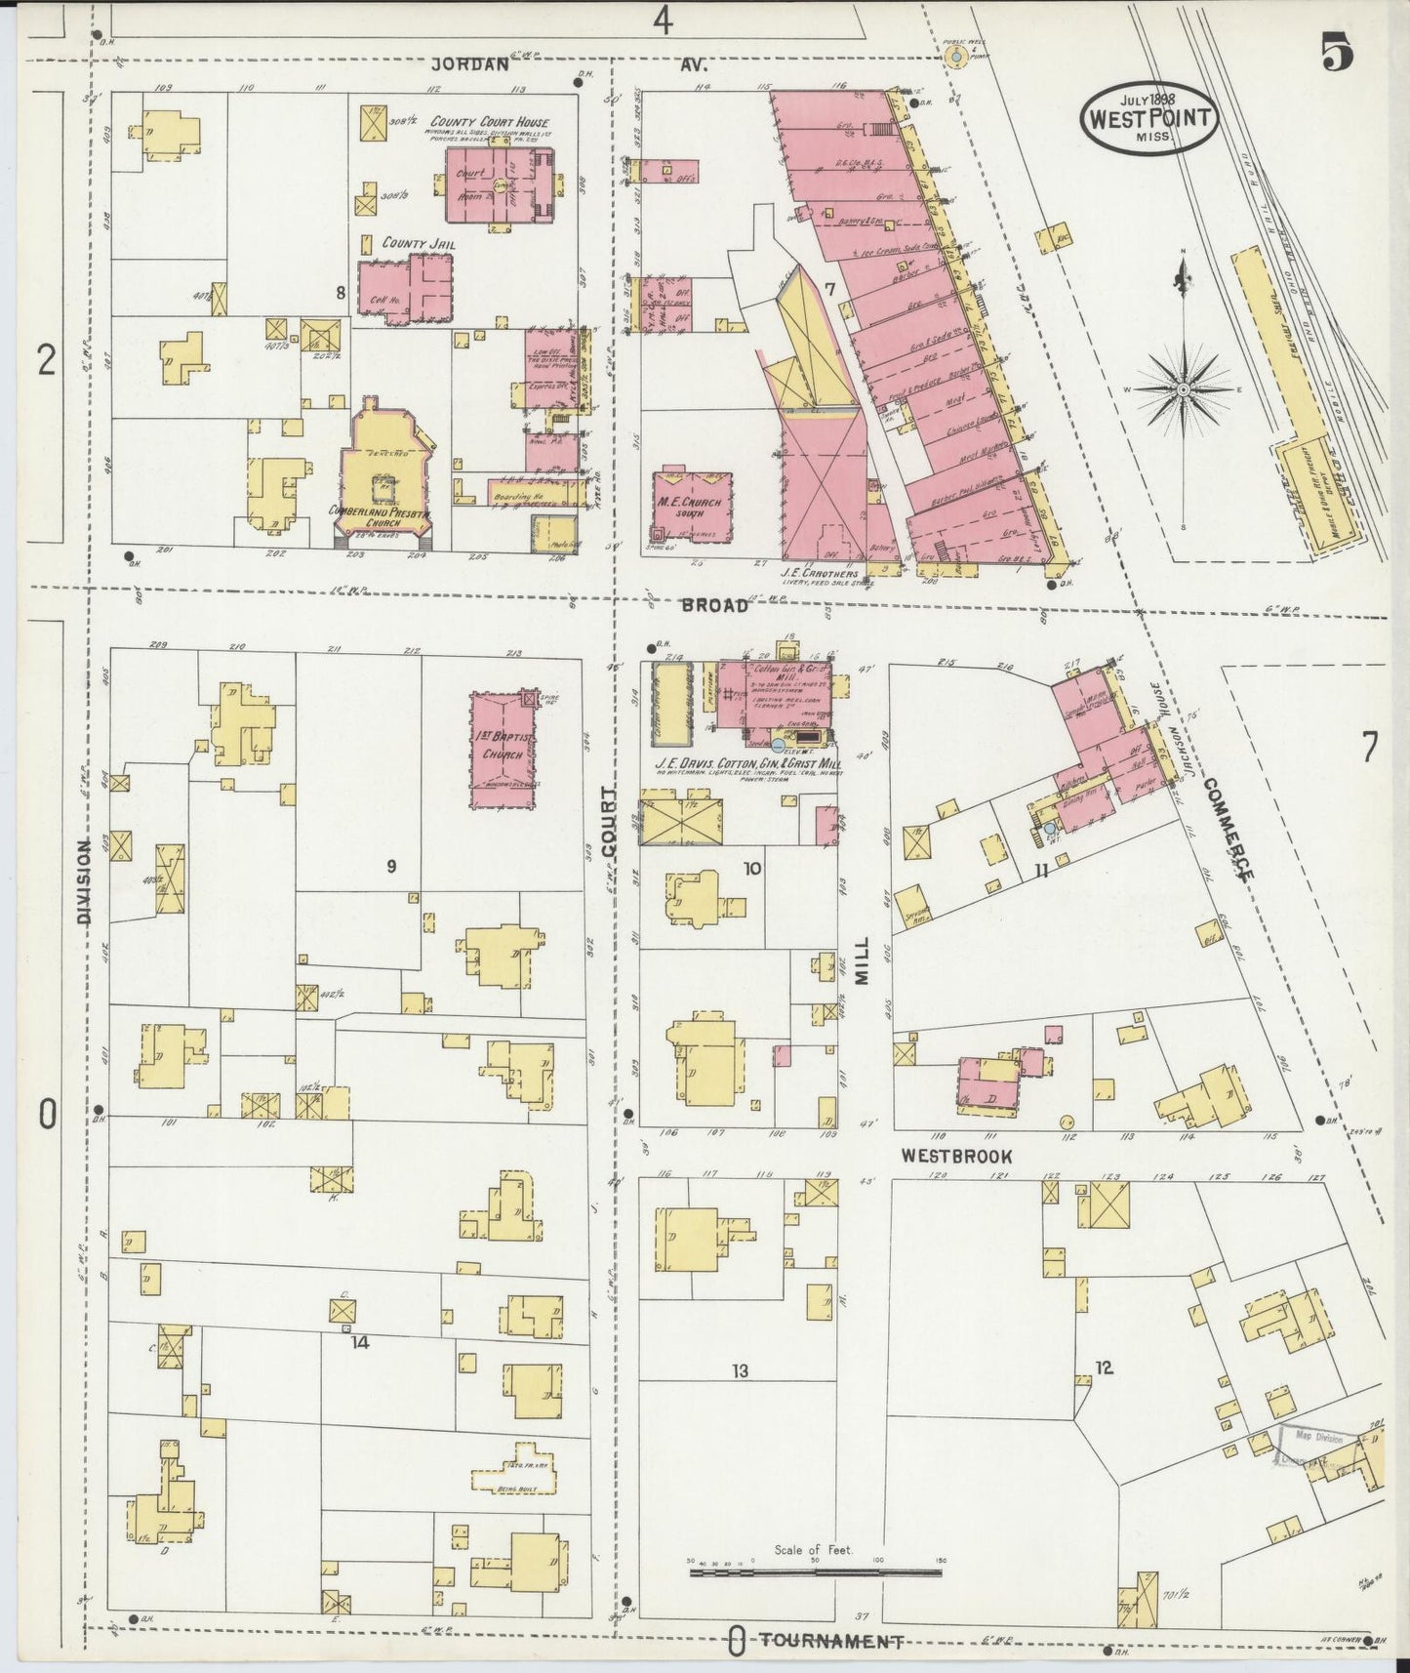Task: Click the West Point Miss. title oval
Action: tap(1148, 118)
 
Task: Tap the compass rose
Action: tap(1183, 388)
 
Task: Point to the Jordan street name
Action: tap(471, 65)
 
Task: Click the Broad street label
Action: tap(715, 605)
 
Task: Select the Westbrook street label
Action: tap(955, 1157)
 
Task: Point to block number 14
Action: tap(360, 1342)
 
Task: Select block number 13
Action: tap(740, 1371)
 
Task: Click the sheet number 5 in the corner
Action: tap(1337, 56)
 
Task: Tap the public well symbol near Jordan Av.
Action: tap(958, 58)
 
